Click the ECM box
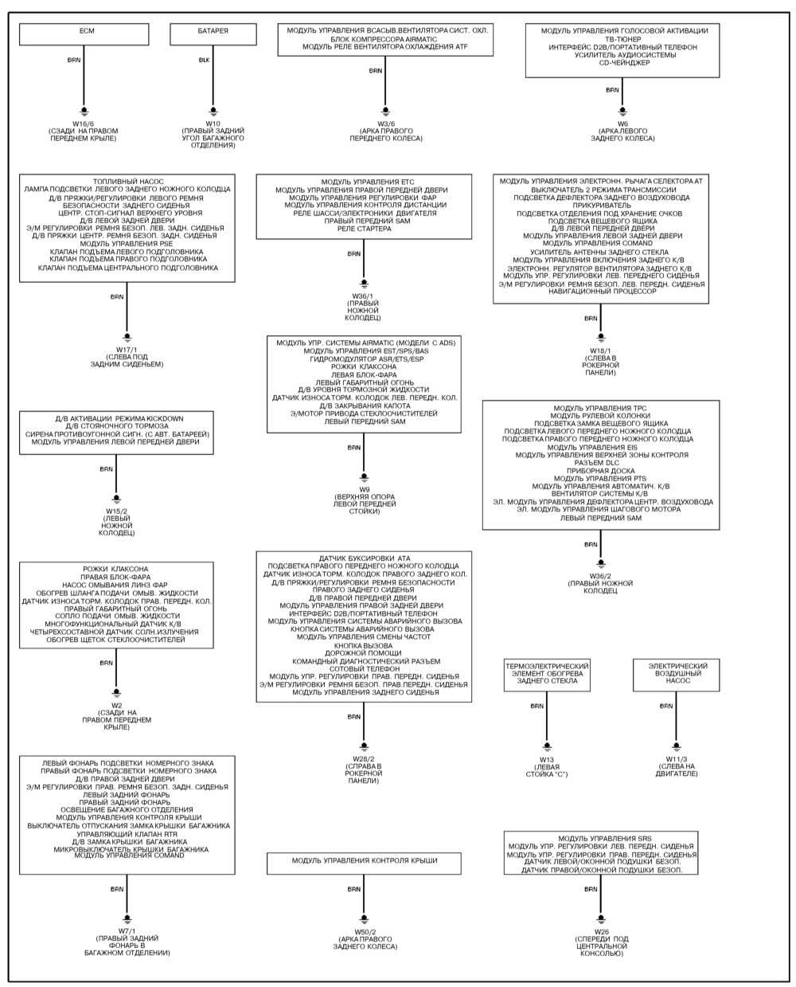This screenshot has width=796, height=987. [x=84, y=34]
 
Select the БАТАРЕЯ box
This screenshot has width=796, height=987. [x=213, y=34]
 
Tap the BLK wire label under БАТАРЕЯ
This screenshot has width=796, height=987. [x=205, y=60]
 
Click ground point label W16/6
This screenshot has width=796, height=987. [x=84, y=123]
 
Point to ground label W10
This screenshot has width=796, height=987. [x=213, y=123]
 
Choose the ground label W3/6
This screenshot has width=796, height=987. [x=386, y=123]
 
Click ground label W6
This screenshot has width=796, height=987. [x=622, y=123]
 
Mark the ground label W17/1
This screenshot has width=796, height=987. [x=127, y=349]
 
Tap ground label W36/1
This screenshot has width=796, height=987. [x=364, y=296]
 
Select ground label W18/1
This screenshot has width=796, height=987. [x=601, y=350]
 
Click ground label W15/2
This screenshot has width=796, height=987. [x=117, y=511]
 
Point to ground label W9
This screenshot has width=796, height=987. [x=364, y=488]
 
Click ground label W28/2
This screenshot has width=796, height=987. [x=364, y=758]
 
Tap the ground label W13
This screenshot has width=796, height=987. [x=547, y=759]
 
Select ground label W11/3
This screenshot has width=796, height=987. [x=676, y=759]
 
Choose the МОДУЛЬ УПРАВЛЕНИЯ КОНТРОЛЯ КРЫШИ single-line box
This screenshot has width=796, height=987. [x=364, y=861]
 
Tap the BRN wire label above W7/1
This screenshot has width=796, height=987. [x=117, y=888]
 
